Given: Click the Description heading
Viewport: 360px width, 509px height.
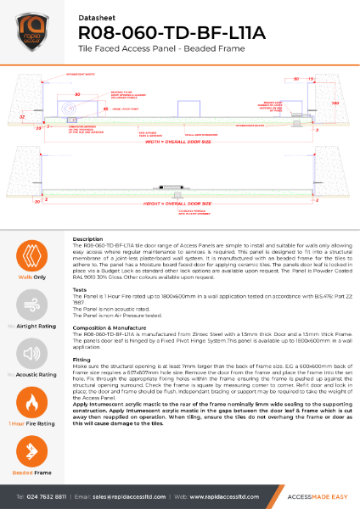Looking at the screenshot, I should point(87,240).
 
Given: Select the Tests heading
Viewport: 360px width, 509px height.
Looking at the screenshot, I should point(82,289).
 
